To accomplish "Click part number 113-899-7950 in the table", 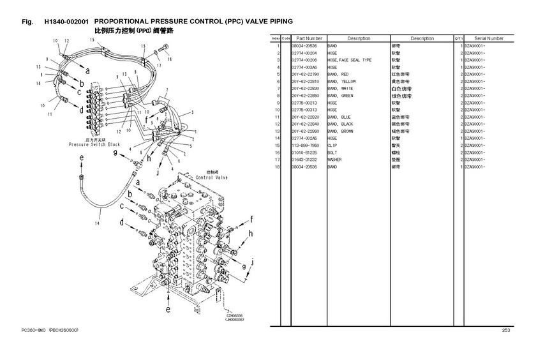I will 304,145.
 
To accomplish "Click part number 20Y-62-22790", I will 304,75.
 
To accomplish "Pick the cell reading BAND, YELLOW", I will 341,82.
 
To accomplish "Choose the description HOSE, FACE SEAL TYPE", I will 349,60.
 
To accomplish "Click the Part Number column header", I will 309,39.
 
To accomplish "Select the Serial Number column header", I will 489,39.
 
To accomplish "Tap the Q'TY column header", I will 458,39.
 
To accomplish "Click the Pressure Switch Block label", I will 94,145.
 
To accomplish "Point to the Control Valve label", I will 212,177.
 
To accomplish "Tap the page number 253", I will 505,330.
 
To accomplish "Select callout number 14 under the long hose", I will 98,223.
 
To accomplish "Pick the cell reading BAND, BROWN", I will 340,131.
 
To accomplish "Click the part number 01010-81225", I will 304,152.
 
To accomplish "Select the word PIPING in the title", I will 276,22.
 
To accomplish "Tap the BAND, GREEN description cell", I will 340,96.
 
